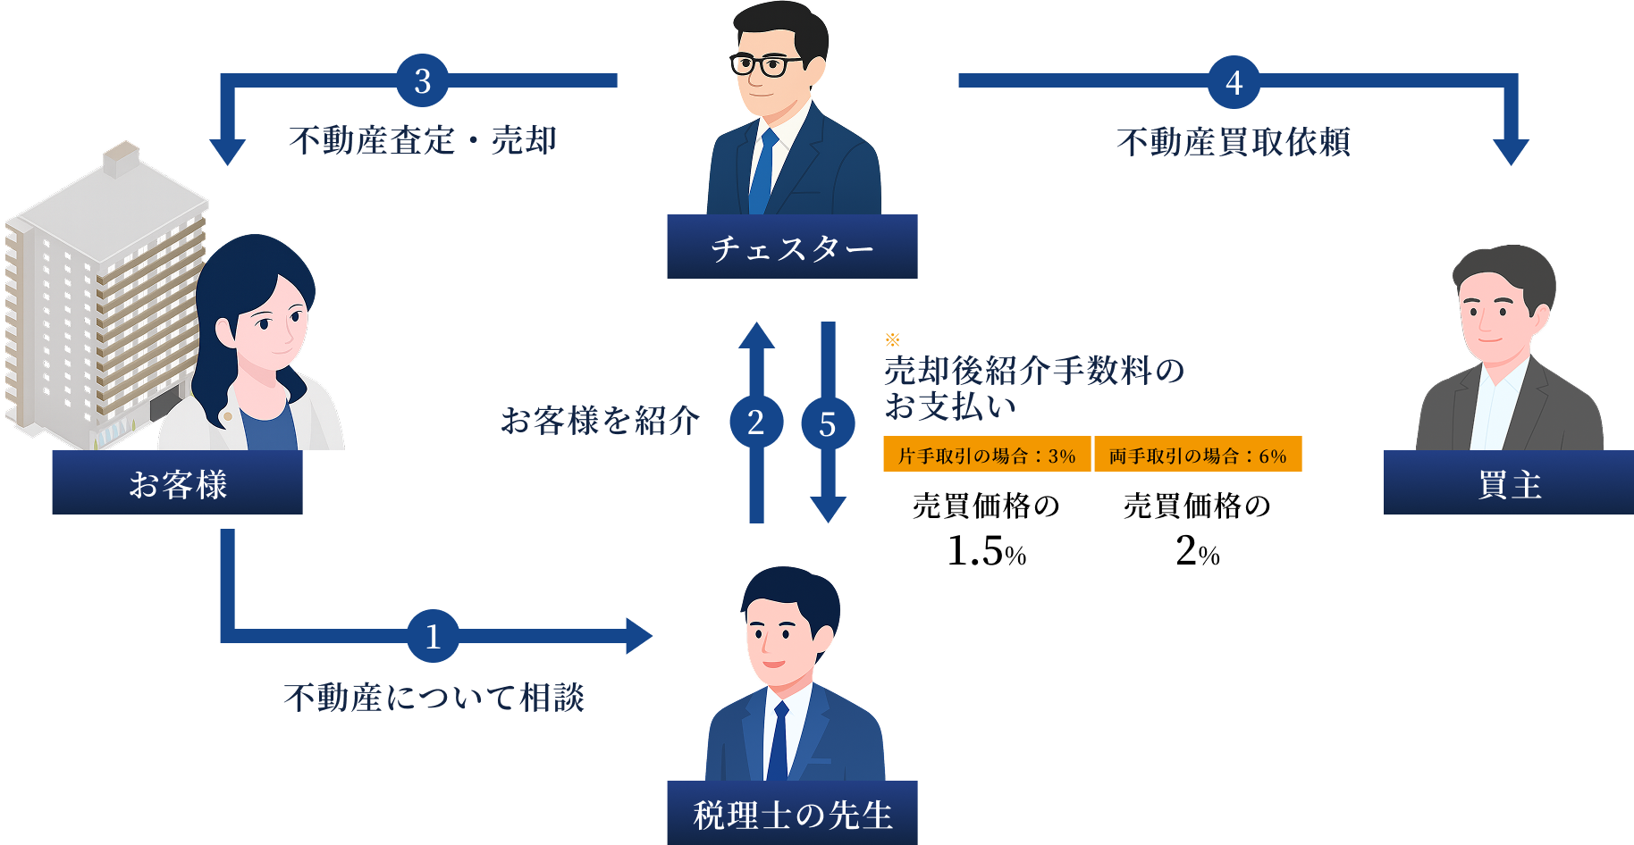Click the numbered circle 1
tap(433, 636)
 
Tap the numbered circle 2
tap(756, 422)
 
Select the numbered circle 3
tap(423, 81)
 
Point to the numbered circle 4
tap(1234, 82)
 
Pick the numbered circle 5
tap(828, 423)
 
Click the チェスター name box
tap(792, 247)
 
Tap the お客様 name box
tap(177, 483)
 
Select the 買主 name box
tap(1508, 483)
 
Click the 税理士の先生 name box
tap(792, 814)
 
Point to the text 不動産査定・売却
tap(423, 141)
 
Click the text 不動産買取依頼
tap(1234, 142)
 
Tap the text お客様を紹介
tap(600, 420)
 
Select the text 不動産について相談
tap(434, 698)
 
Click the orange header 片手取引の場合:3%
tap(987, 456)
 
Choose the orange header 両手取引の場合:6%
tap(1198, 456)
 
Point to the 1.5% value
tap(987, 550)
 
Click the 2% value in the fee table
tap(1198, 550)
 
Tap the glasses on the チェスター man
tap(766, 65)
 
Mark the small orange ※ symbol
tap(892, 339)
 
